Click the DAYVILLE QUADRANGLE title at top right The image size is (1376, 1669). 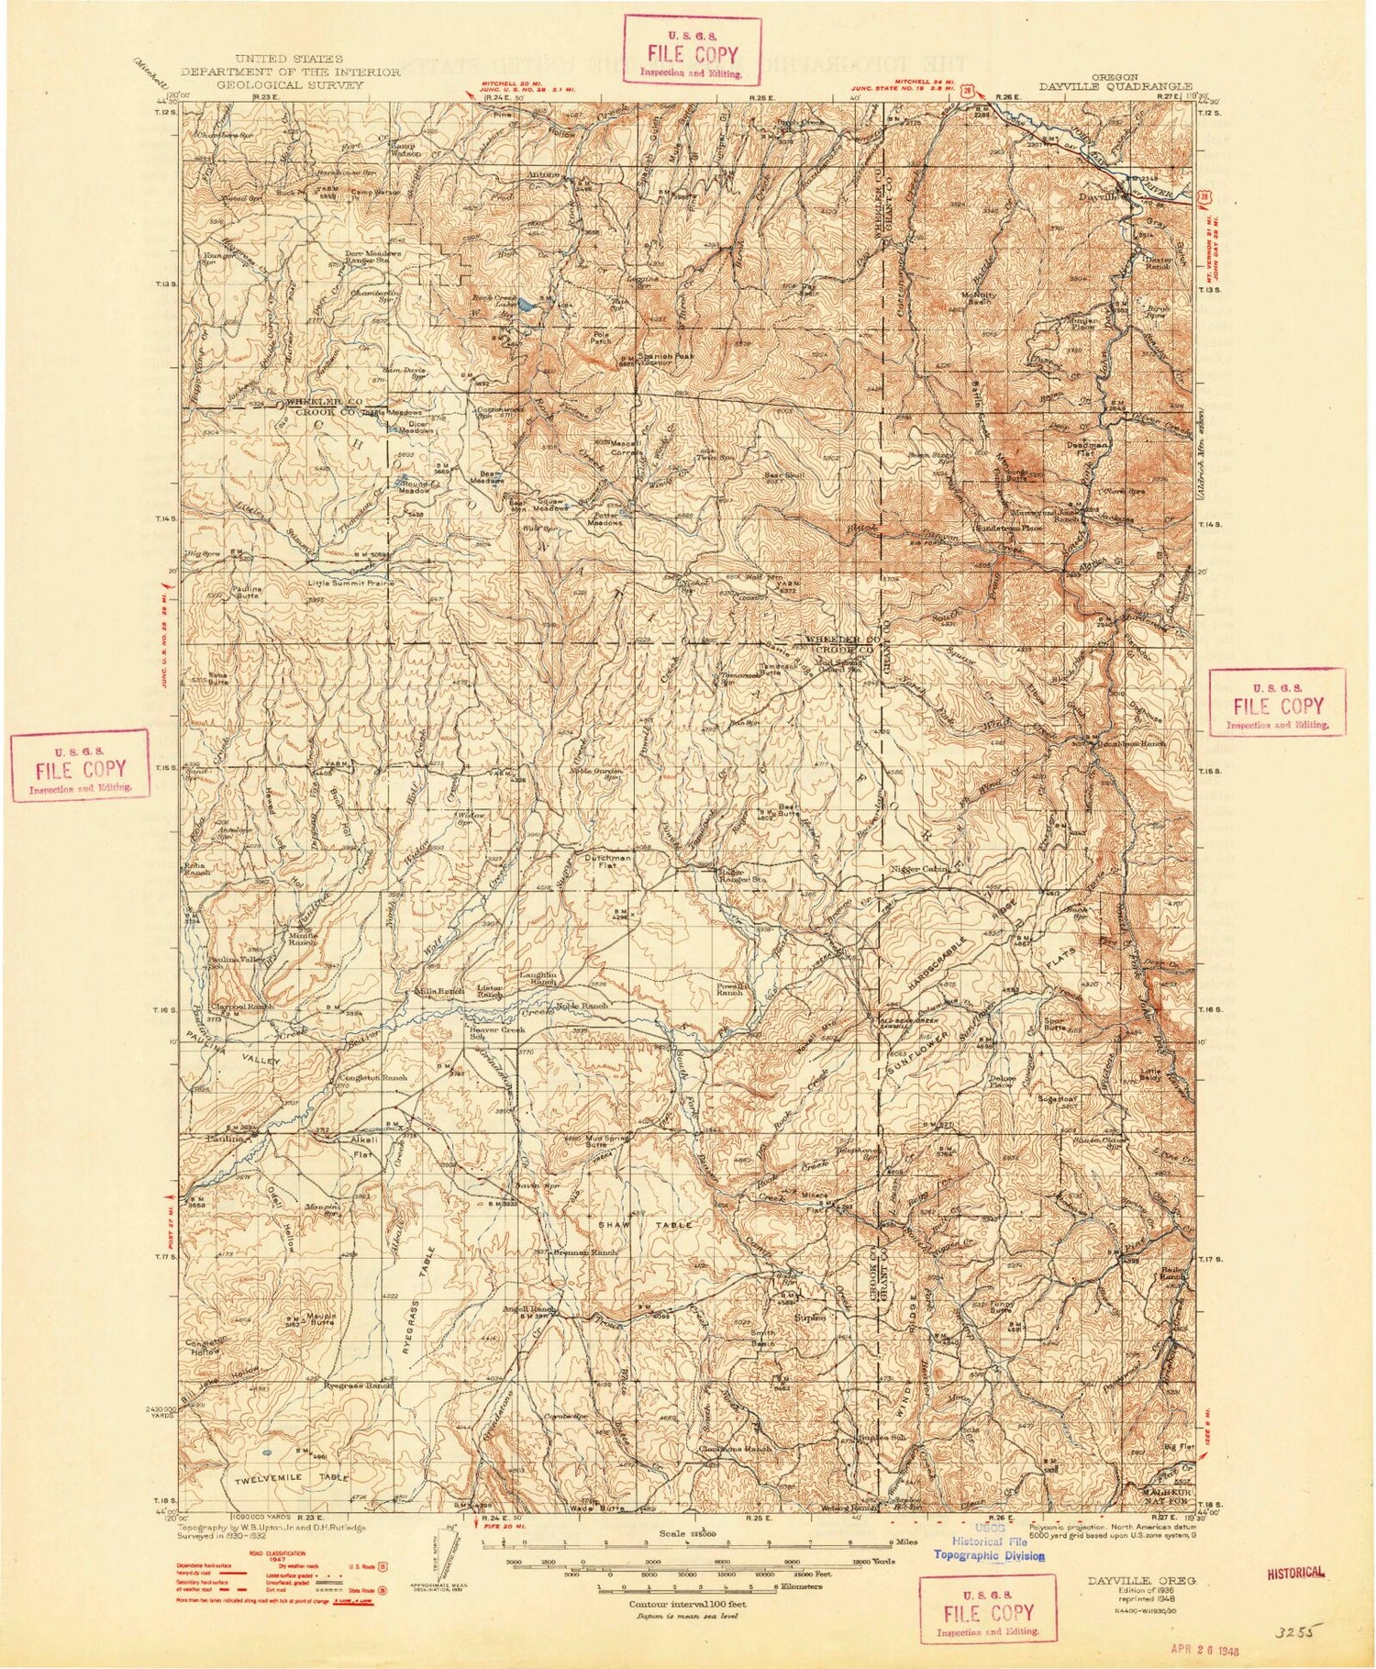[x=1115, y=87]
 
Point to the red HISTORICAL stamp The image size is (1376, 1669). [x=1297, y=1572]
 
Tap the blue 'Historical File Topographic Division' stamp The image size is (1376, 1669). [x=988, y=1549]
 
